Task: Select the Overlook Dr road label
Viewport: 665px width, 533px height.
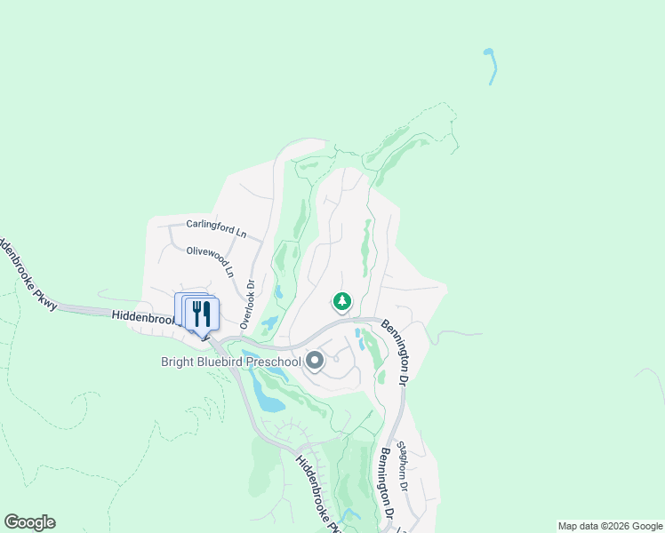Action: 248,304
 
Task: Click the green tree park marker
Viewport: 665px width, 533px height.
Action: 342,302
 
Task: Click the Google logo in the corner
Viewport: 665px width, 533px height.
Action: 29,522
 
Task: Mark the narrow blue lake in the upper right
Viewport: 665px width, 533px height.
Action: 491,66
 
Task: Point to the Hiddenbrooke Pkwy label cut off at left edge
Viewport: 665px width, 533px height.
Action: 28,274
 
